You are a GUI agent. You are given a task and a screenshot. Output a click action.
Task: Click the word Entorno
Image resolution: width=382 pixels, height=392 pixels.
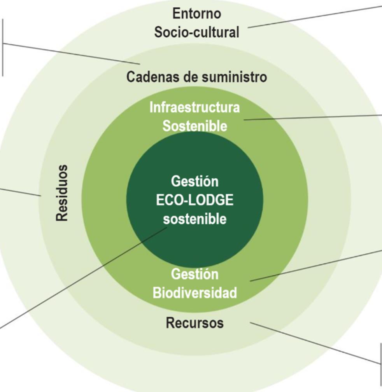(196, 14)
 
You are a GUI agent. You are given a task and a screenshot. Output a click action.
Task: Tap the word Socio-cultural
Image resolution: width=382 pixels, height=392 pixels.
(196, 32)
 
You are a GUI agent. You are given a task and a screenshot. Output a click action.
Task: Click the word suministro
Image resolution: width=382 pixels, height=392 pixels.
(234, 77)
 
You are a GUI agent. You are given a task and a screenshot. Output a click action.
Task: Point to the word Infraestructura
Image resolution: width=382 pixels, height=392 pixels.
(195, 107)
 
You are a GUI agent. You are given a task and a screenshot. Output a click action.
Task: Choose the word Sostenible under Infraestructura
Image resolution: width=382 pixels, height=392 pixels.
(195, 126)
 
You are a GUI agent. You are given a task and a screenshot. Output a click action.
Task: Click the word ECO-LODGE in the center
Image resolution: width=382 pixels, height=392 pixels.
(195, 200)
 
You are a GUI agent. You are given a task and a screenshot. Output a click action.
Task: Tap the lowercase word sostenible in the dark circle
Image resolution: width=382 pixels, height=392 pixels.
(195, 219)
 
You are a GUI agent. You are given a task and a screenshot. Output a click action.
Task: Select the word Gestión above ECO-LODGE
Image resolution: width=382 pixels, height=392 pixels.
(195, 182)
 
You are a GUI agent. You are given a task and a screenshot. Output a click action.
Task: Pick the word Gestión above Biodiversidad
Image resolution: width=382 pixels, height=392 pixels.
(195, 274)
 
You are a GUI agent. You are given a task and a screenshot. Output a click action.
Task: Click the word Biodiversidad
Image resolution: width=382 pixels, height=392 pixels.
(195, 293)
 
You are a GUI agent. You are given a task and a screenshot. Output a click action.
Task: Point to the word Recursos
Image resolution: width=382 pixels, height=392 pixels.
(195, 322)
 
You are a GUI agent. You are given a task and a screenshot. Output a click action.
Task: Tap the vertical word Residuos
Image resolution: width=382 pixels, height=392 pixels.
(62, 193)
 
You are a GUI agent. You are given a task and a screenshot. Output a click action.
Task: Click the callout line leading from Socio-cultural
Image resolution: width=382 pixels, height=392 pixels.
(315, 16)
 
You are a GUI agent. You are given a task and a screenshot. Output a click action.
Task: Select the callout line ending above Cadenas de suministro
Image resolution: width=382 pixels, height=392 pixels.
(70, 53)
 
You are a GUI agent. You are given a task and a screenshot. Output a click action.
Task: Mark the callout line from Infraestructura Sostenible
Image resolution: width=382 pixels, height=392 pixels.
(311, 117)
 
